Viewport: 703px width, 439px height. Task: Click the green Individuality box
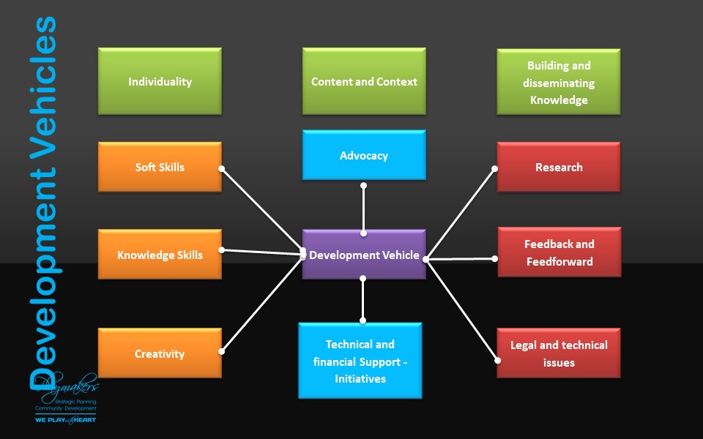coord(160,81)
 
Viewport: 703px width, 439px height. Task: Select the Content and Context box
coord(364,81)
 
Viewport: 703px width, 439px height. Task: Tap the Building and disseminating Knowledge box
coord(559,82)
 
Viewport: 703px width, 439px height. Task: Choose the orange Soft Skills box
coord(160,167)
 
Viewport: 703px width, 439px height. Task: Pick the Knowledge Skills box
coord(160,255)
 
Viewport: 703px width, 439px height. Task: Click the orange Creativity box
coord(160,353)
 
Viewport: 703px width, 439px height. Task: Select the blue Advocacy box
coord(364,155)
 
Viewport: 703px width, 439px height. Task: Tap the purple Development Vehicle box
coord(364,255)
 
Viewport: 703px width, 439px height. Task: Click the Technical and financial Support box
coord(360,361)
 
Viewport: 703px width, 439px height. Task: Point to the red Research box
coord(559,167)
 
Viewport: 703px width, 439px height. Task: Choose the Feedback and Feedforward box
coord(559,252)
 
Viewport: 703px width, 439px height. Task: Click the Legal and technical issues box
coord(559,353)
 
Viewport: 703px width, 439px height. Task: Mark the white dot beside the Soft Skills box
coord(221,168)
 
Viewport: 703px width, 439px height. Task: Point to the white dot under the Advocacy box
coord(364,186)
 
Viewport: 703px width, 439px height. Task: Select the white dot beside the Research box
coord(495,169)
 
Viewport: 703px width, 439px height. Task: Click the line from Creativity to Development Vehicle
coord(262,301)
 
